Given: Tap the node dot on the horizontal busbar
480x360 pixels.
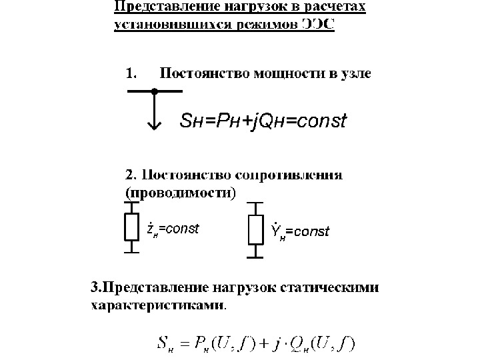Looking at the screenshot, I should [x=154, y=91].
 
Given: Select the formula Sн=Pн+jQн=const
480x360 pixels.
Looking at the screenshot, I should [x=264, y=121].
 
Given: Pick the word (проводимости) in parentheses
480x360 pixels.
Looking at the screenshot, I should [x=181, y=193].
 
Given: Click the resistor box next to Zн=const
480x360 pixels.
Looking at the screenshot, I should [x=131, y=227].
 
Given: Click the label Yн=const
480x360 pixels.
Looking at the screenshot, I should [x=300, y=231].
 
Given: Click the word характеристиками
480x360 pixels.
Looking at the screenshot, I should [x=157, y=307].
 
